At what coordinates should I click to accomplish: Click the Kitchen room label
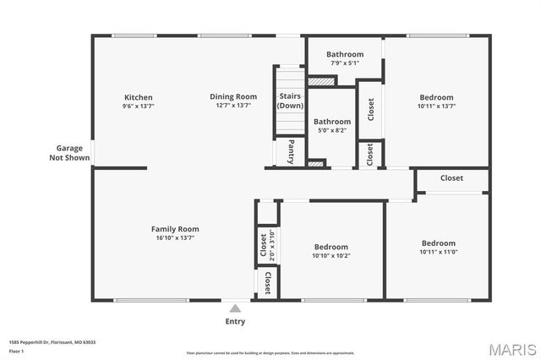click(139, 97)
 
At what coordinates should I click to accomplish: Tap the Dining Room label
click(233, 97)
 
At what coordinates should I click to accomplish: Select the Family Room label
click(175, 229)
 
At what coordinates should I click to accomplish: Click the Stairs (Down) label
click(290, 101)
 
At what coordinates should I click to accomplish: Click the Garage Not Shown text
click(68, 152)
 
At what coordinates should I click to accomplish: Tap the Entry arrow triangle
click(235, 308)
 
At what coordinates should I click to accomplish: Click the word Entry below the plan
click(235, 321)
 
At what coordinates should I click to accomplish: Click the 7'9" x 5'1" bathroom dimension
click(333, 63)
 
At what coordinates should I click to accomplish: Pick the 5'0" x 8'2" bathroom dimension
click(333, 131)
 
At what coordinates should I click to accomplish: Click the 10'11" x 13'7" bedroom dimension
click(435, 106)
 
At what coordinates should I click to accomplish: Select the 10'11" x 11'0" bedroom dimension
click(439, 252)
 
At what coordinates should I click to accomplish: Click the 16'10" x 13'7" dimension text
click(175, 238)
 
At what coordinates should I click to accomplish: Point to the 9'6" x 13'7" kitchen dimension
click(139, 106)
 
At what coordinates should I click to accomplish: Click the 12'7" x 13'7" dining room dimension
click(233, 106)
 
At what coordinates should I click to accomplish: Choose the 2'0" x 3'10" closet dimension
click(272, 244)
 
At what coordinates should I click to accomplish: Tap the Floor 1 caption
click(17, 351)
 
